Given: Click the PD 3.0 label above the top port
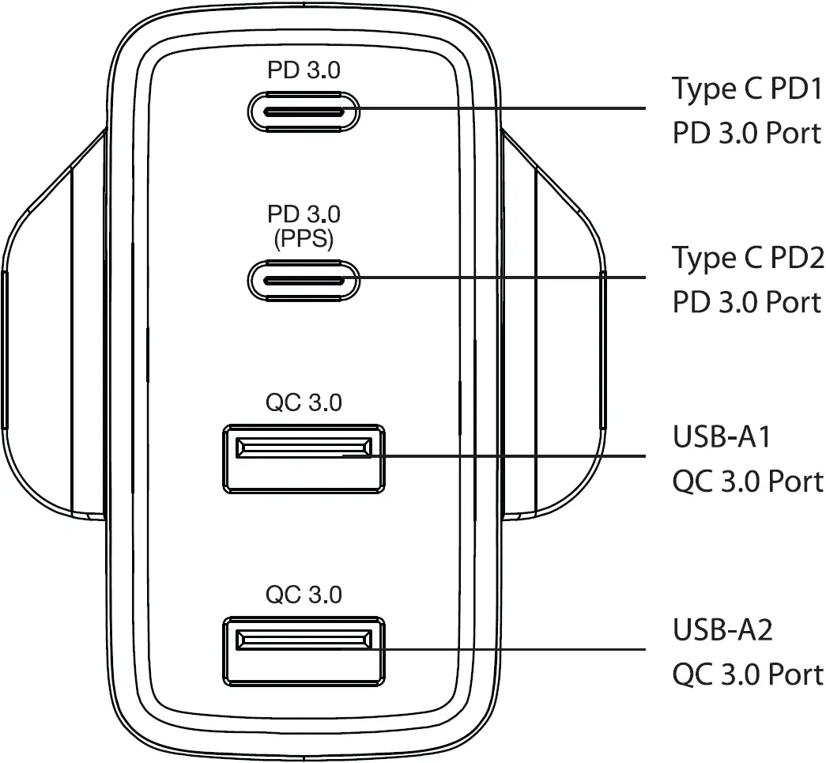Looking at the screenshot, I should click(304, 70).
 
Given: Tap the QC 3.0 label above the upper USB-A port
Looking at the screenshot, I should click(304, 402).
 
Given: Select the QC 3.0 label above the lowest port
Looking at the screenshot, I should click(304, 595).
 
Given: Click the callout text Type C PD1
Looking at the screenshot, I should click(747, 89).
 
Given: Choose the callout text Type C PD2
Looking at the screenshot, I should click(747, 259).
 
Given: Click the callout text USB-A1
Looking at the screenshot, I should click(721, 436).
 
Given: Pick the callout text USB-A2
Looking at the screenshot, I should click(722, 630).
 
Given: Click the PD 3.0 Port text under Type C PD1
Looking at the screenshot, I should click(747, 133).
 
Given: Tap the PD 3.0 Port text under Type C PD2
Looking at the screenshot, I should click(747, 302).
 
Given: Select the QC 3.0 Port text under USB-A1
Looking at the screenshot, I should click(747, 481).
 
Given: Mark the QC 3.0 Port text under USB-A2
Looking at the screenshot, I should click(747, 674).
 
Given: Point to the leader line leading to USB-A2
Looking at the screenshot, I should click(514, 650).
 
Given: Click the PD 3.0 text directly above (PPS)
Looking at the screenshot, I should click(304, 214).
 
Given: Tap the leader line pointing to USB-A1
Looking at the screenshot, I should click(514, 456).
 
